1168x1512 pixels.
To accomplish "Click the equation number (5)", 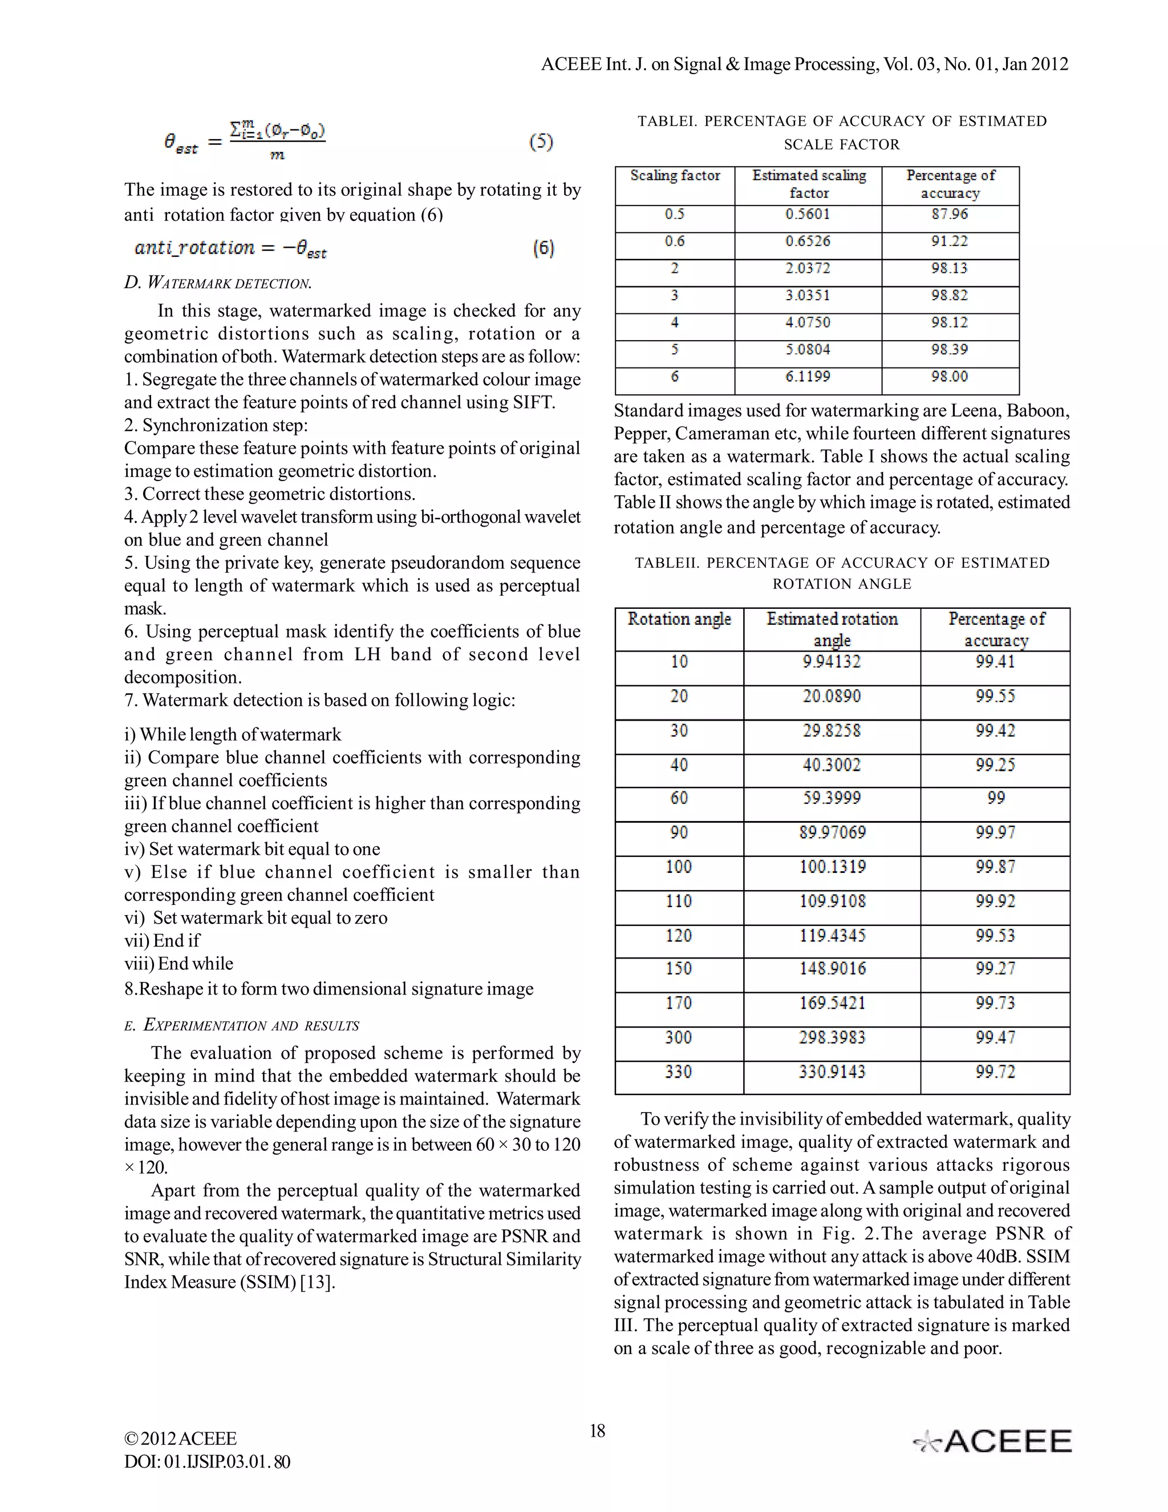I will click(x=541, y=142).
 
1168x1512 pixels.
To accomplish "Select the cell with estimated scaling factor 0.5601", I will click(x=808, y=215).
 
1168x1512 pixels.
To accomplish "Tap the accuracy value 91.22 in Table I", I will click(x=950, y=241).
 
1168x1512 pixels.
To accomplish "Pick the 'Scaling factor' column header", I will click(x=675, y=176).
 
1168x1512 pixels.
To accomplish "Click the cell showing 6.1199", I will click(x=808, y=377).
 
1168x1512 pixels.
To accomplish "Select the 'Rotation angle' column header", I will click(x=679, y=619).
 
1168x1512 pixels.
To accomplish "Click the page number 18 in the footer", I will click(x=597, y=1431).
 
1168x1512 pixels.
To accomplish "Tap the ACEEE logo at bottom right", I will click(x=992, y=1442).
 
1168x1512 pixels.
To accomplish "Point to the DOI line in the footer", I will click(x=207, y=1462).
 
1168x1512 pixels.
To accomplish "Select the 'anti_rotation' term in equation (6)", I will click(x=194, y=248).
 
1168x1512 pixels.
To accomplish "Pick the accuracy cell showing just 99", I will click(x=995, y=798).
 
